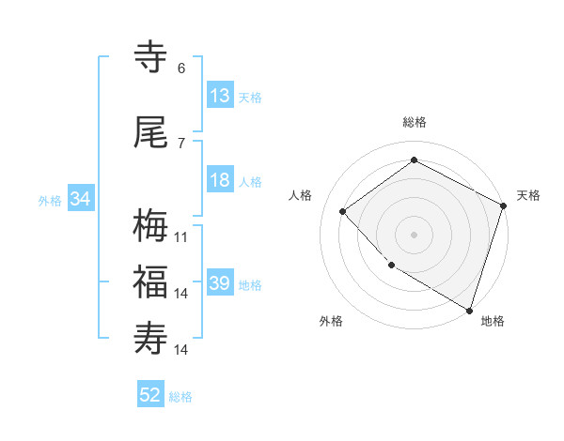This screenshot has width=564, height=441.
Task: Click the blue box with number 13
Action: point(220,96)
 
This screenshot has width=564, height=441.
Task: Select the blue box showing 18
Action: point(220,181)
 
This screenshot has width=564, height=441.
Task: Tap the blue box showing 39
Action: point(220,284)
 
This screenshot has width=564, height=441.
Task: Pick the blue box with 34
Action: point(81,199)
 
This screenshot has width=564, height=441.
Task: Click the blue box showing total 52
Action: point(150,396)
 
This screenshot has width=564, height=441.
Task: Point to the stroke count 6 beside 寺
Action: point(181,68)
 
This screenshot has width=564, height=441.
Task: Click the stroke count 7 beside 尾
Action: point(181,144)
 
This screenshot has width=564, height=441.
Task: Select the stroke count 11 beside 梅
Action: point(181,237)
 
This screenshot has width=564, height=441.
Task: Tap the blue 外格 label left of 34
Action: point(50,200)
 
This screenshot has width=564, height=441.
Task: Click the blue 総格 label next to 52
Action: point(180,397)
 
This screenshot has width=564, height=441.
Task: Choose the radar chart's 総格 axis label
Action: point(415,122)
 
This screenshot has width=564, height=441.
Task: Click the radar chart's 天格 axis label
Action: point(528,195)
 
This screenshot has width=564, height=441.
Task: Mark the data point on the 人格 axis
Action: point(343,211)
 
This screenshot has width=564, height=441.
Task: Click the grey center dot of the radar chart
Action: point(415,234)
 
